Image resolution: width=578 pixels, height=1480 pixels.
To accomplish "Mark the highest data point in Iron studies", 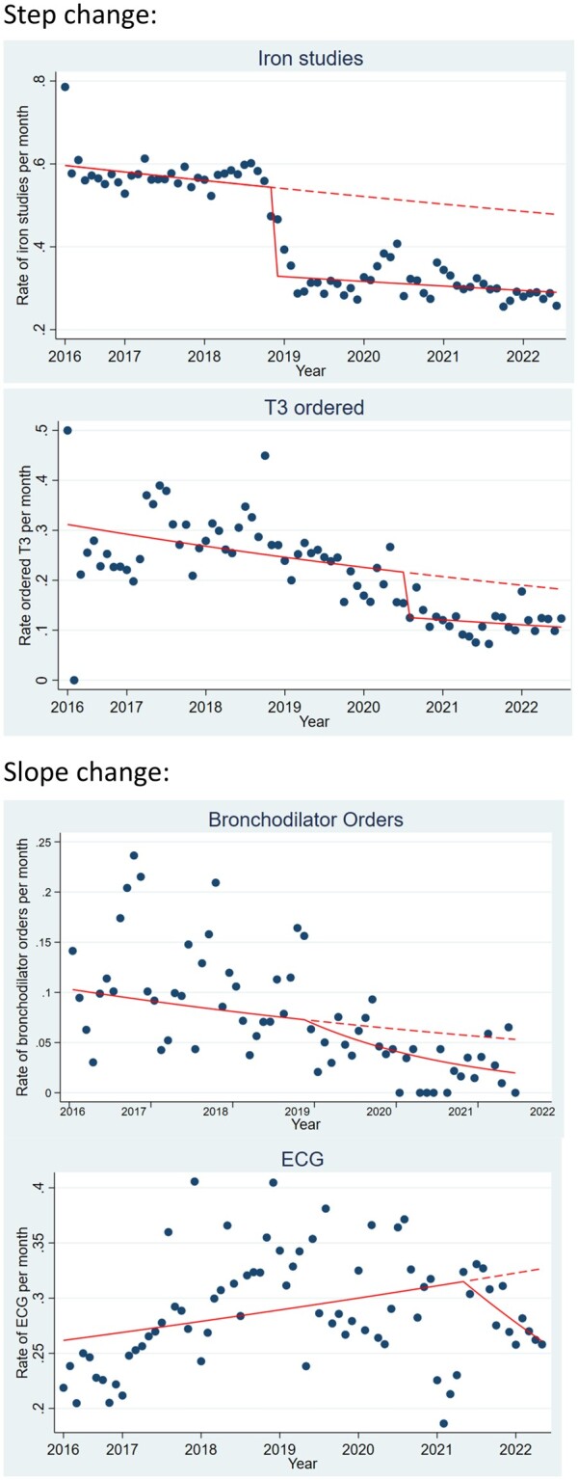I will coord(65,87).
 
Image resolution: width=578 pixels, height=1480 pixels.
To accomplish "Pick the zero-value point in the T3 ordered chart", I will coord(74,680).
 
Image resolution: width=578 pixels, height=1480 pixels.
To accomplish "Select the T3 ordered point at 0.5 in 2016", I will coord(67,430).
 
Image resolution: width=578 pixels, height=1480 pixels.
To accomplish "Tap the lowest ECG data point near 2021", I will coord(443,1423).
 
